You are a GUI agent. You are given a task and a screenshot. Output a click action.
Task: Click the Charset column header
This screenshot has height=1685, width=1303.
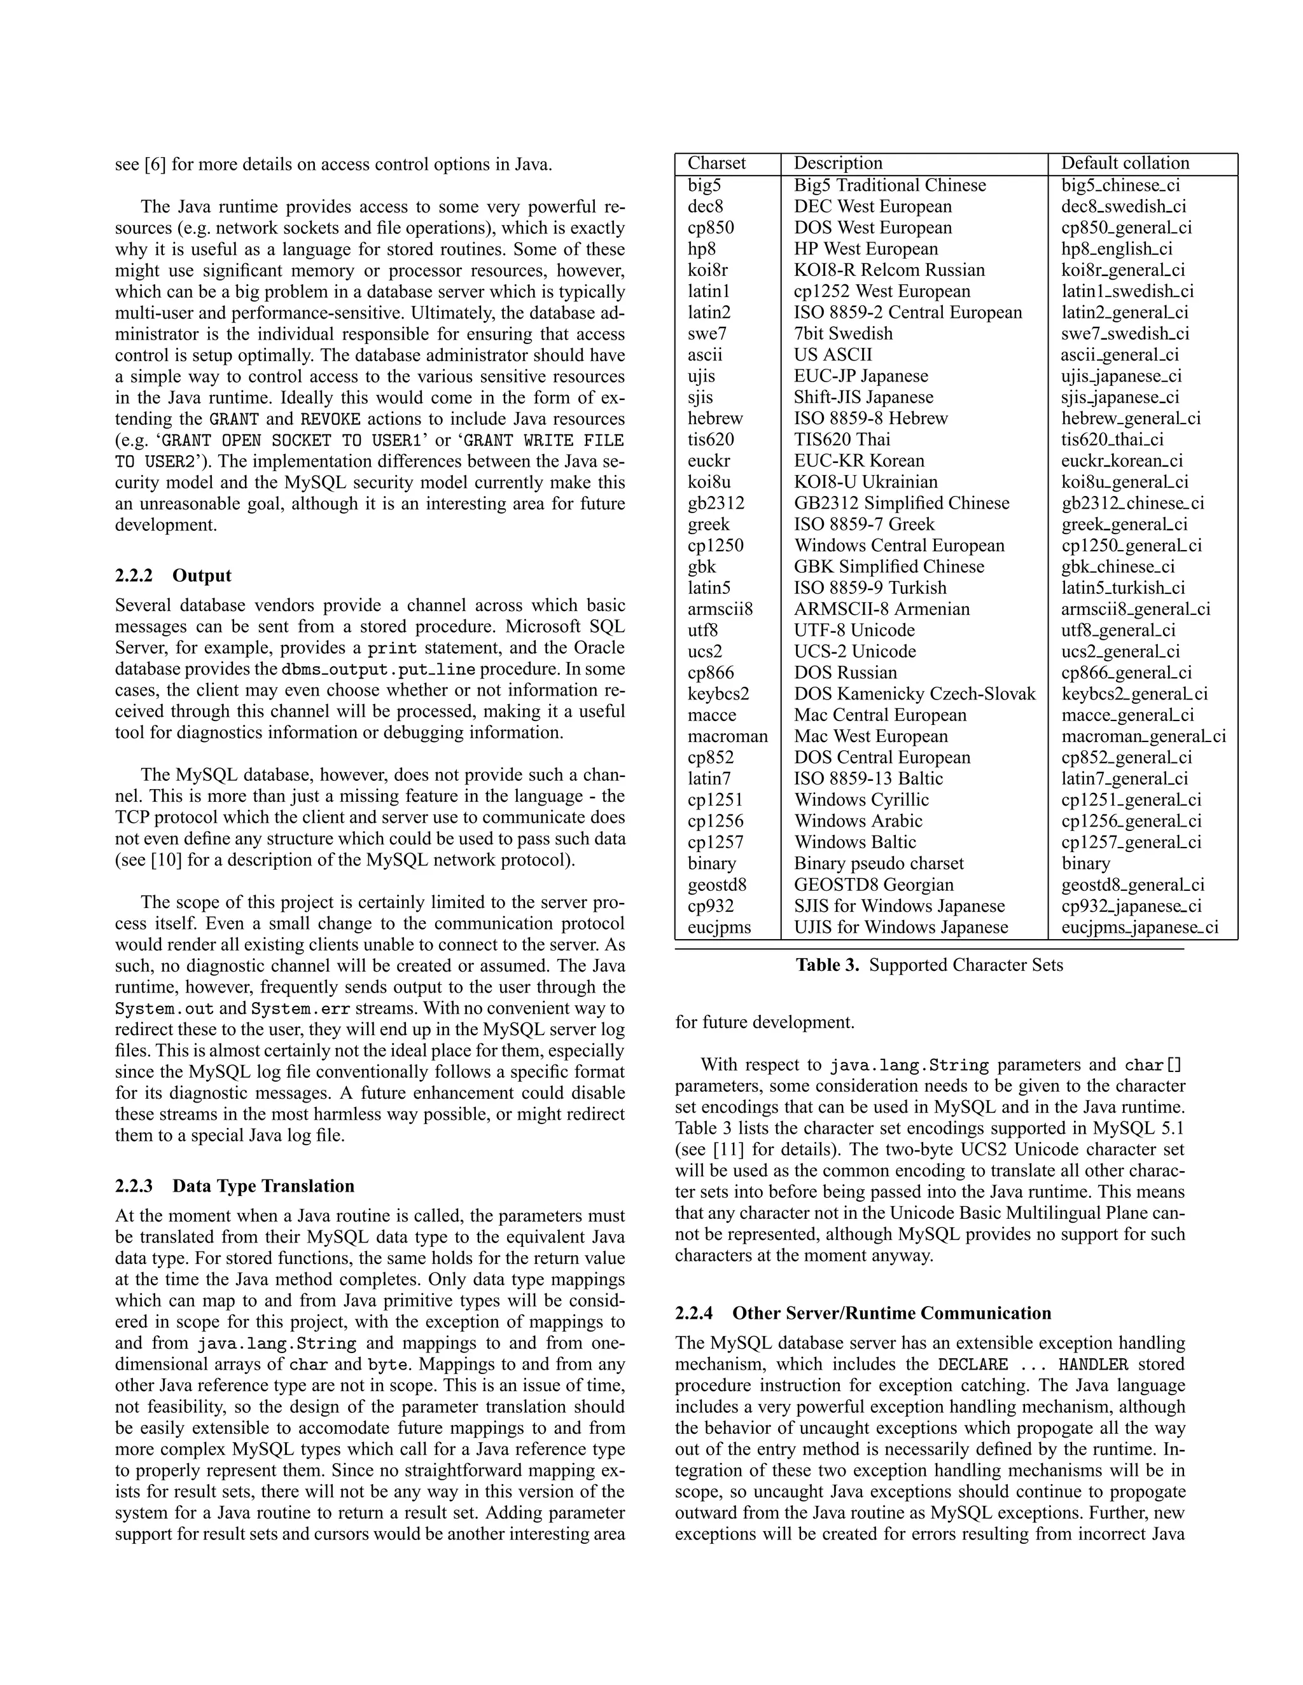[x=716, y=163]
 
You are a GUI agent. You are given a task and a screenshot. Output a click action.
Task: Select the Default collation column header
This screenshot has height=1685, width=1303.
[x=1125, y=163]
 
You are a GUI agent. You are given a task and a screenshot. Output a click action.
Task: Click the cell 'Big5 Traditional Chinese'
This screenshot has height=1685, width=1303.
[x=889, y=185]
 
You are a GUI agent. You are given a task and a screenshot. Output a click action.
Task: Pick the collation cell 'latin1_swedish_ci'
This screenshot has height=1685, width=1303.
[x=1127, y=292]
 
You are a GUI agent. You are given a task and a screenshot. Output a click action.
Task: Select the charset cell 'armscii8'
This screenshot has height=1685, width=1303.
[x=720, y=610]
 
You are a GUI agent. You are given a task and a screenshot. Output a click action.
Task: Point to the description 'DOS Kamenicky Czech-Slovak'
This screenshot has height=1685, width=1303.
[x=914, y=694]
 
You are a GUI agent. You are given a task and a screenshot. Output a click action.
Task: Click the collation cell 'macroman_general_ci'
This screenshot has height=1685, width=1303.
[x=1143, y=737]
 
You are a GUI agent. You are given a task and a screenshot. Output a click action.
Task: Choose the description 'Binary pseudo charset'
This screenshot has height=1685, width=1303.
[x=879, y=863]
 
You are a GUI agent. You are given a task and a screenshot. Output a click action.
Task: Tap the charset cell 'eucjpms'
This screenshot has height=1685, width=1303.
[x=719, y=927]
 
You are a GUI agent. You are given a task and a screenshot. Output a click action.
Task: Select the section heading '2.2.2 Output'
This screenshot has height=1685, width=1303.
[x=173, y=575]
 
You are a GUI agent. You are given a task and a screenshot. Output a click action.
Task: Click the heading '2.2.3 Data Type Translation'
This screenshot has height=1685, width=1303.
[x=235, y=1186]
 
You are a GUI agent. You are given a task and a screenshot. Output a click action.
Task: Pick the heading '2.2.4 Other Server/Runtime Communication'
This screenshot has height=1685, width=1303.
[x=862, y=1313]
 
